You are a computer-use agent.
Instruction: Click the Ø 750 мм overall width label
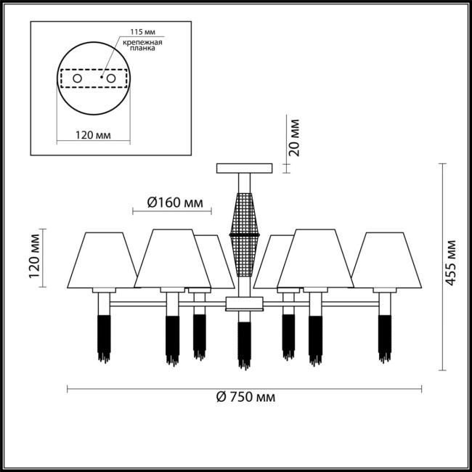coord(245,397)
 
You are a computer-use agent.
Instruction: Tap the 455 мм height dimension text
coord(451,263)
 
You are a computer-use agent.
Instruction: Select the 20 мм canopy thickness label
coord(294,138)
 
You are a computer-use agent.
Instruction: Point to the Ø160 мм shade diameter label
coord(175,203)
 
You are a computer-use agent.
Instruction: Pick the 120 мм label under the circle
coord(93,135)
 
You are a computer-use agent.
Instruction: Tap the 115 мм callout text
coord(142,32)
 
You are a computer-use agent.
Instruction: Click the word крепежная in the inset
coord(142,42)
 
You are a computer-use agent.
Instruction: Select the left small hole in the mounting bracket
coord(78,78)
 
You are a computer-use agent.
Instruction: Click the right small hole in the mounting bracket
coord(111,78)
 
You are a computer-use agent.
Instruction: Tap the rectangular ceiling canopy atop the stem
coord(245,168)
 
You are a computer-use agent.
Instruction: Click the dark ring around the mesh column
coord(245,235)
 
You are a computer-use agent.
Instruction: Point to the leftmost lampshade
coord(102,260)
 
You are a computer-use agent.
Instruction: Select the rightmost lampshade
coord(386,260)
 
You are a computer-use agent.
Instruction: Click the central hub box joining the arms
coord(245,304)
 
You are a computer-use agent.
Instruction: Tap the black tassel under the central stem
coord(244,346)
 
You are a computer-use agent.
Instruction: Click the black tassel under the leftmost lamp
coord(104,339)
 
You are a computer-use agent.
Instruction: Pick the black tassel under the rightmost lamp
coord(385,339)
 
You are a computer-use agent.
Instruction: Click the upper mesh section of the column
coord(245,213)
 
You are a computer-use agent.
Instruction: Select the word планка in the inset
coord(142,49)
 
